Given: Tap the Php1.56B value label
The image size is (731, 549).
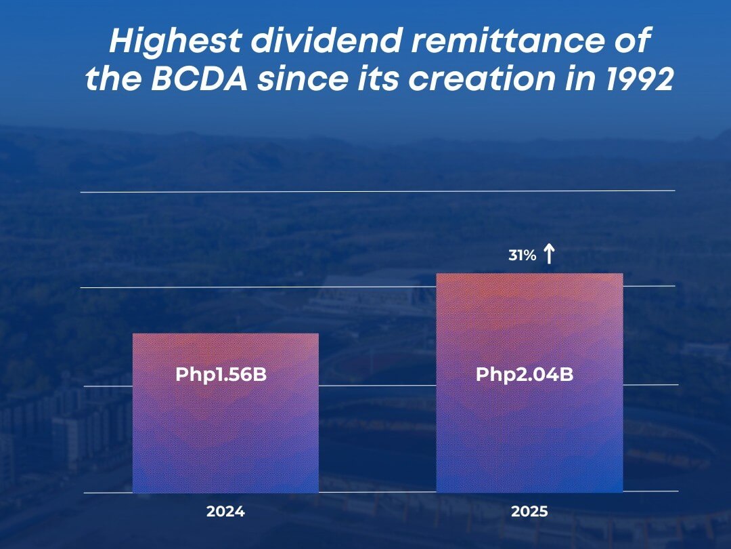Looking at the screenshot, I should (221, 374).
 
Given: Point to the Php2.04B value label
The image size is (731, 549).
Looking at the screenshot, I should (525, 374).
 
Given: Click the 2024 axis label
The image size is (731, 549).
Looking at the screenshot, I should (225, 512).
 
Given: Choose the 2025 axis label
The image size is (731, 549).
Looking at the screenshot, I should (529, 512).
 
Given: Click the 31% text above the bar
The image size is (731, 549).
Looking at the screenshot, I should (523, 256).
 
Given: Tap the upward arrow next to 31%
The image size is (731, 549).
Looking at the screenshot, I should (549, 254).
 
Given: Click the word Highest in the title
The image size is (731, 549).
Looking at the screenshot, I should (175, 43).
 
